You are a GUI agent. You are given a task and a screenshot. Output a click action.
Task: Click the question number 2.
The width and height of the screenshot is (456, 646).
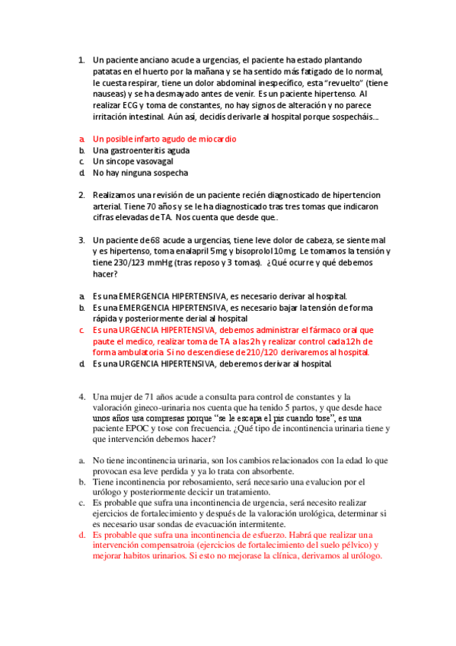pyautogui.click(x=81, y=195)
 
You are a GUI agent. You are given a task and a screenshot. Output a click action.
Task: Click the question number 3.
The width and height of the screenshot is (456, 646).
pyautogui.click(x=81, y=240)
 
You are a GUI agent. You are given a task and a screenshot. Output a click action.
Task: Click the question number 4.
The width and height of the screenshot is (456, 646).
pyautogui.click(x=81, y=397)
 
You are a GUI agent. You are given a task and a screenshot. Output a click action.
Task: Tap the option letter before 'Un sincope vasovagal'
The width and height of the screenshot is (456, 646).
pyautogui.click(x=81, y=161)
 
